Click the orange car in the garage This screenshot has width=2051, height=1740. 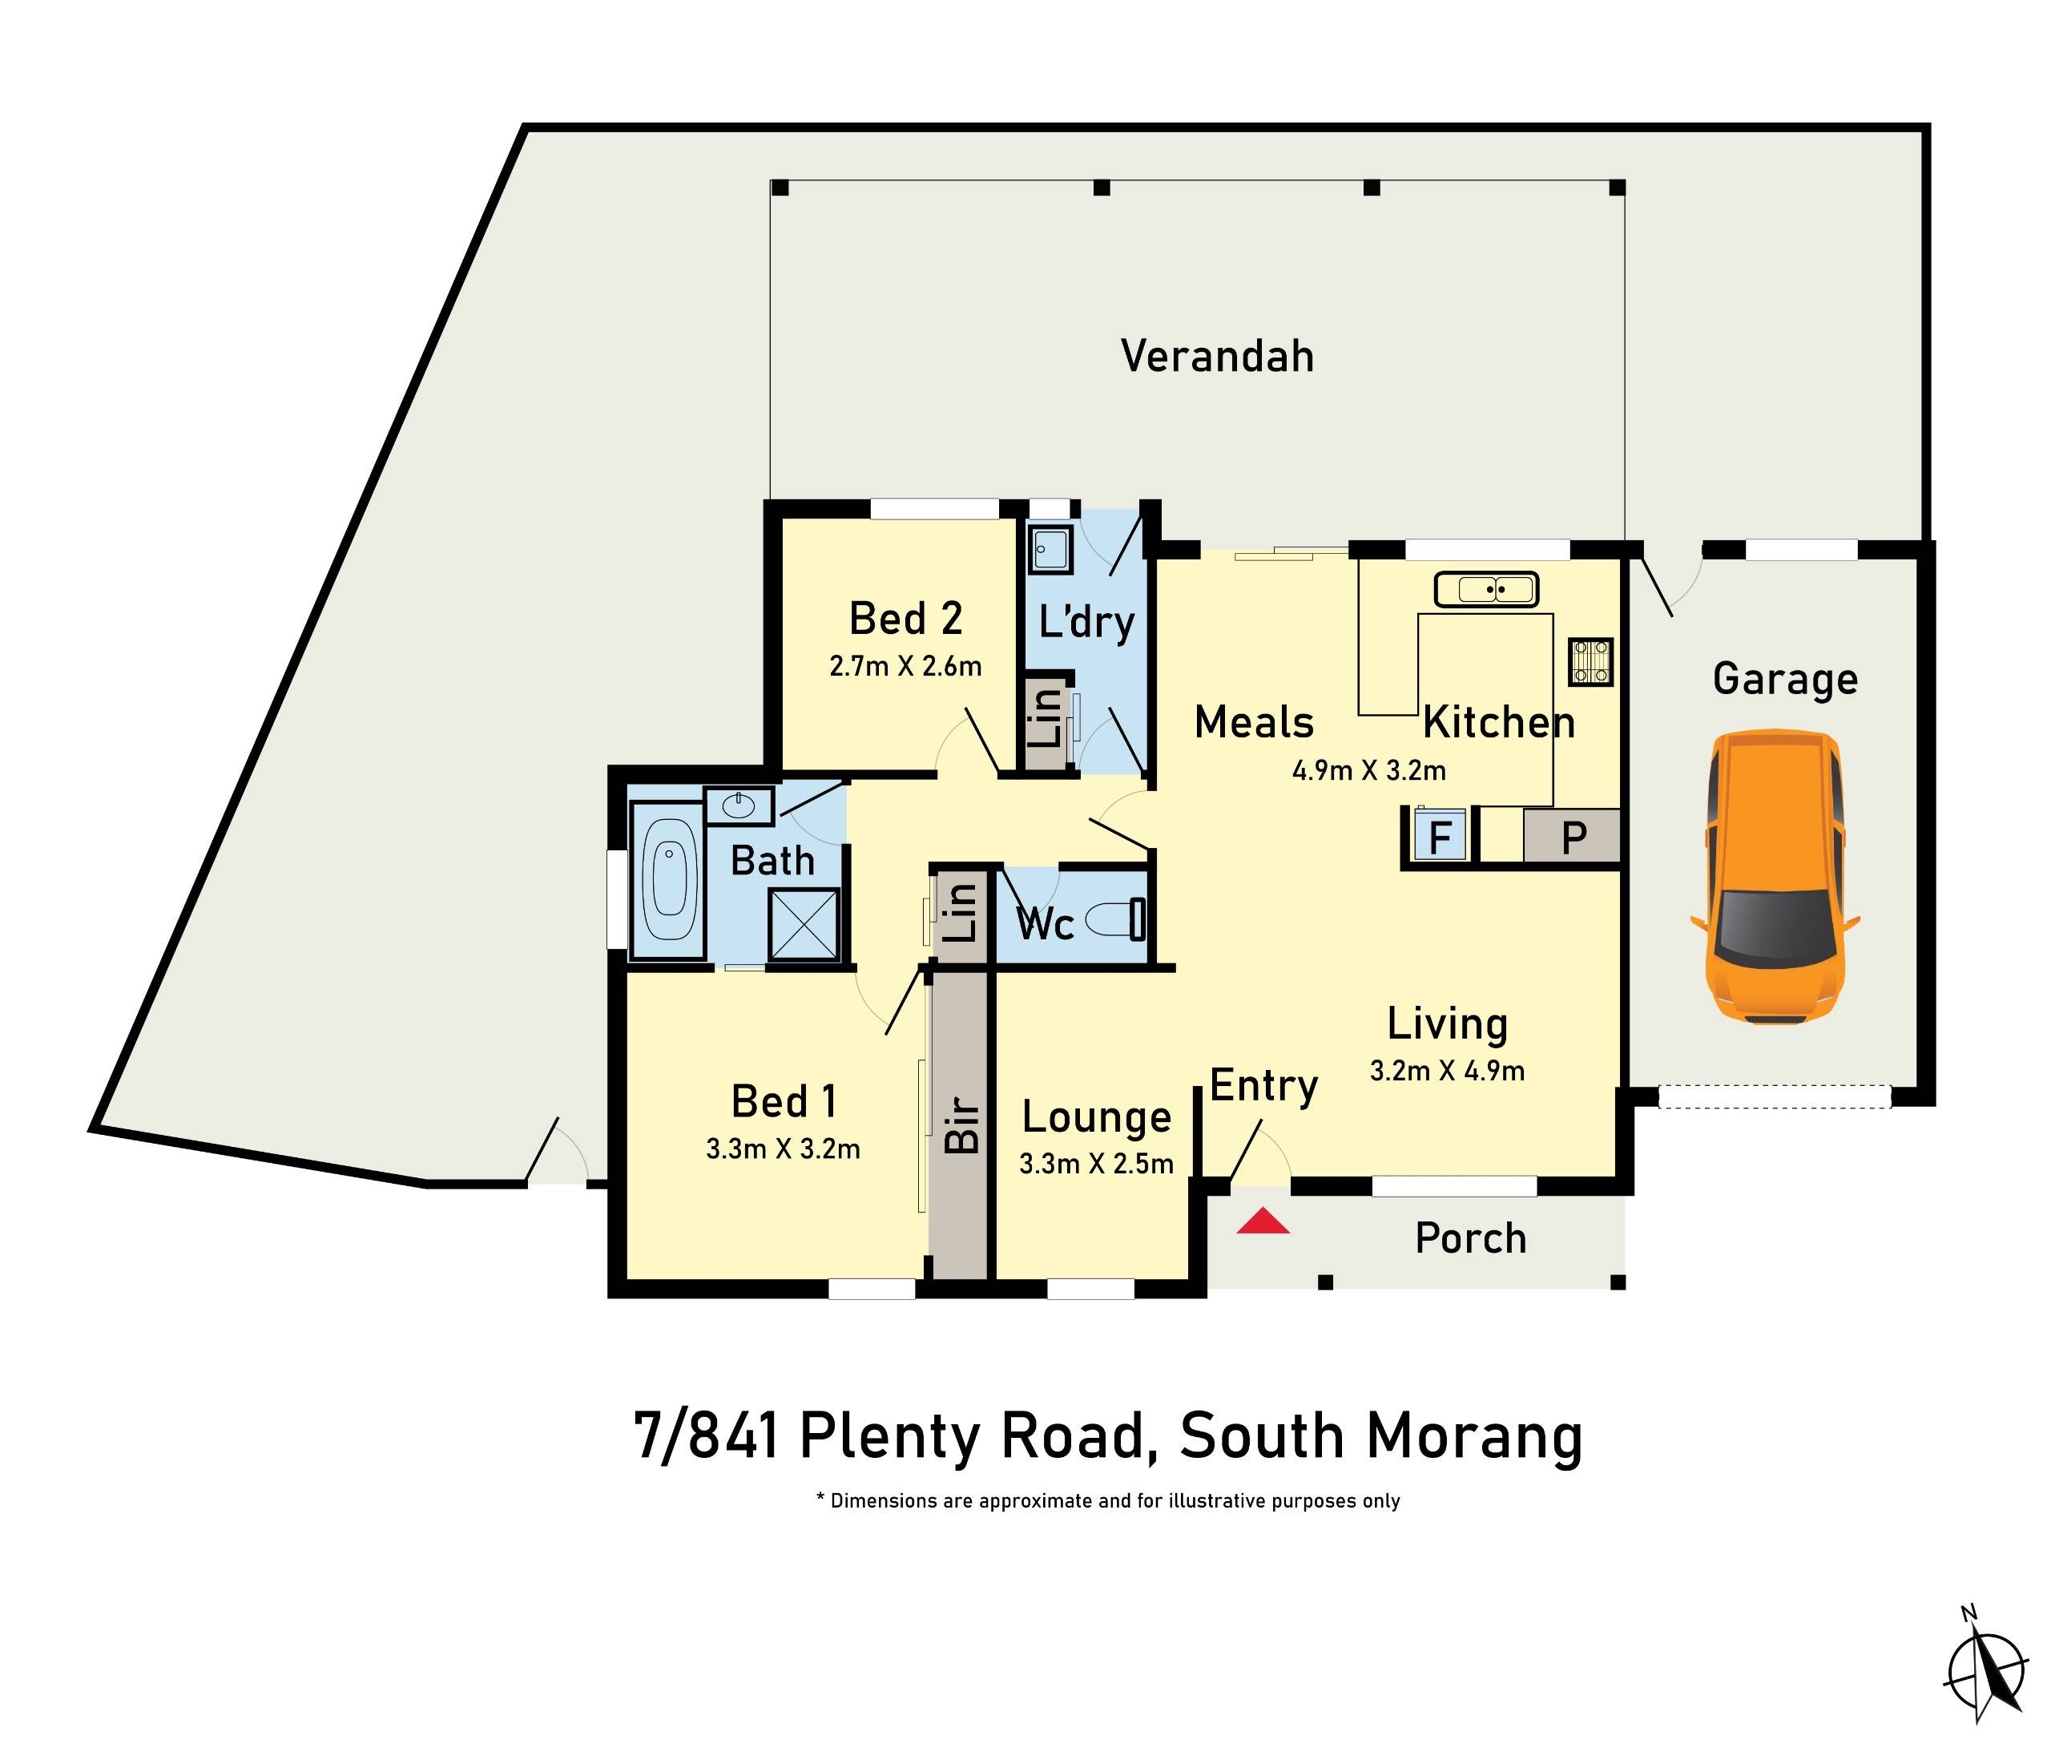(1774, 877)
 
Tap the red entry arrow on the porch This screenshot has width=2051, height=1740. (1263, 1223)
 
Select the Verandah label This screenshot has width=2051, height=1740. (1217, 356)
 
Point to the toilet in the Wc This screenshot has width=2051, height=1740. (1114, 920)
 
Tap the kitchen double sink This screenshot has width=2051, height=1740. (1486, 590)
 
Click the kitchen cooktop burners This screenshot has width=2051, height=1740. (1590, 662)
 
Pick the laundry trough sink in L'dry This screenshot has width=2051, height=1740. (1050, 550)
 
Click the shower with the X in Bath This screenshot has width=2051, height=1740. (804, 924)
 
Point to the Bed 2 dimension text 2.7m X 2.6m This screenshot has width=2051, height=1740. (905, 667)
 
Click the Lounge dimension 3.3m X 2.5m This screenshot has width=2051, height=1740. (1095, 1164)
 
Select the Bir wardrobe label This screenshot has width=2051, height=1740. (961, 1124)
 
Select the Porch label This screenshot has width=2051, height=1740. (1470, 1238)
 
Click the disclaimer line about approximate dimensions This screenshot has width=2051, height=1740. (1107, 1501)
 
